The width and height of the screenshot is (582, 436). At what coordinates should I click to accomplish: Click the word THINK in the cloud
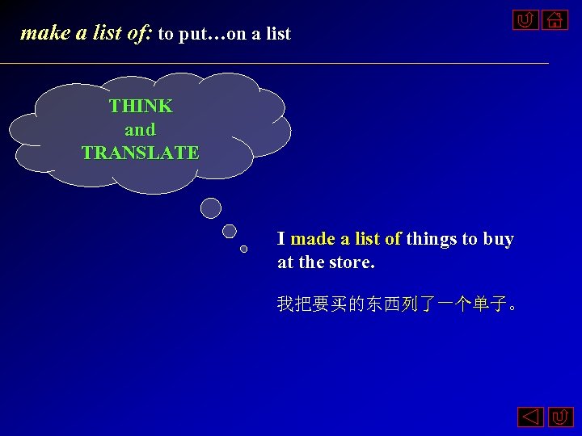coord(141,106)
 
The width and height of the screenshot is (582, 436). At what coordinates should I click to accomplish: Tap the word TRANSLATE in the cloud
coord(141,153)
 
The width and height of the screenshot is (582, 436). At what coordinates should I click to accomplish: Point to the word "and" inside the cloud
coord(140,129)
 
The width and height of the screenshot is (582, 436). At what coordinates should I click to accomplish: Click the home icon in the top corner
coord(554,20)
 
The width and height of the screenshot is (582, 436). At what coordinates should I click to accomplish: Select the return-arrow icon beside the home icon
coord(525,20)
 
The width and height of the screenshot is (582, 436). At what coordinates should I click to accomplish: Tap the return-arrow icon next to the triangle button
coord(560,417)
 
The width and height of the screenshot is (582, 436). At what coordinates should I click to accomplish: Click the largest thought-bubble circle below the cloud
coord(211,208)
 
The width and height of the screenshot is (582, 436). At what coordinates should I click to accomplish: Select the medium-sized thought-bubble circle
coord(230,231)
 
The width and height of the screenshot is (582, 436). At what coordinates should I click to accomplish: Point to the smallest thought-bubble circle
coord(243,249)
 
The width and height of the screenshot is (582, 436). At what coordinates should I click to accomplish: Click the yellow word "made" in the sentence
coord(313,239)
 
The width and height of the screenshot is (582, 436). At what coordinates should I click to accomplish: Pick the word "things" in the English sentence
coord(431,239)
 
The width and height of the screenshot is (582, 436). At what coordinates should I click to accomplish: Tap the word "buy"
coord(498,239)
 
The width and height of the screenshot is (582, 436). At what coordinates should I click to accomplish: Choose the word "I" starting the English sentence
coord(280,239)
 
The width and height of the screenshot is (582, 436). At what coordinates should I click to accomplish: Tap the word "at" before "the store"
coord(285,262)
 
